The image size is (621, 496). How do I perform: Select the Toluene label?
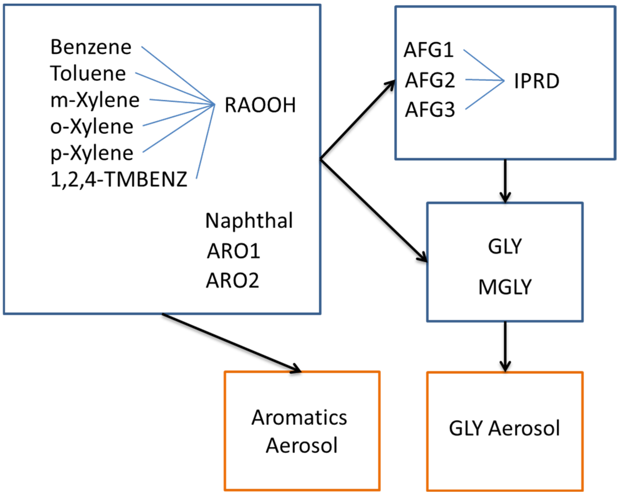click(88, 73)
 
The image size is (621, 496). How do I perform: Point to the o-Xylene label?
click(92, 127)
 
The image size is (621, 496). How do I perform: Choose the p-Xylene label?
click(92, 153)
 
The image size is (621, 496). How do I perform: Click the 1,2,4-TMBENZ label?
click(119, 179)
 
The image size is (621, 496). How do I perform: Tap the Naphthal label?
click(249, 221)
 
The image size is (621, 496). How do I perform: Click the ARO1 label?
click(233, 251)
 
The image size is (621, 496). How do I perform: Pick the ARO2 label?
click(232, 280)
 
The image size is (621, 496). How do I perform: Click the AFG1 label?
click(429, 50)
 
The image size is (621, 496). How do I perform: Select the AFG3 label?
click(430, 110)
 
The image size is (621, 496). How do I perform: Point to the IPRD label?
click(537, 81)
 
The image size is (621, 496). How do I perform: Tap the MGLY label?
click(505, 287)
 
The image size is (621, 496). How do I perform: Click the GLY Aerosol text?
click(504, 428)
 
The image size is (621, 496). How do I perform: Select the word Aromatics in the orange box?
click(299, 417)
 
